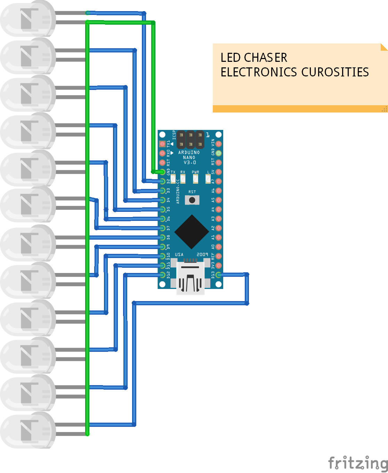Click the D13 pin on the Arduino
point(218,275)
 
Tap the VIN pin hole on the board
point(218,144)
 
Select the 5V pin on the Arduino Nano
point(218,172)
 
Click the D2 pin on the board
point(162,181)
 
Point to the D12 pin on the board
point(162,275)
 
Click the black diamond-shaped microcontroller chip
point(192,232)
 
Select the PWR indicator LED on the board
point(195,179)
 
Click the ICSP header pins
point(190,140)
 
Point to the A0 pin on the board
point(218,247)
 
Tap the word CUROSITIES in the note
point(335,72)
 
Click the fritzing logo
point(358,463)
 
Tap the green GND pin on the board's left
point(162,172)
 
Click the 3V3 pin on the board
point(218,266)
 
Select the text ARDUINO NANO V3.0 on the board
point(189,157)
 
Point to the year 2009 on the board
point(202,255)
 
